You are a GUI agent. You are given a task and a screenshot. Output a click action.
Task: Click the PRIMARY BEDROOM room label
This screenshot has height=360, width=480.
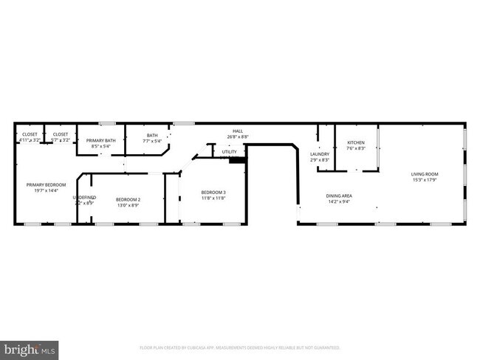(47, 184)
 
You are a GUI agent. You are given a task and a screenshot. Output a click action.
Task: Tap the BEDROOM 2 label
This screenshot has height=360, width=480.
(128, 199)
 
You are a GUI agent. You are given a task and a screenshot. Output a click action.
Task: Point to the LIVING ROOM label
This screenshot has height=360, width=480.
(424, 175)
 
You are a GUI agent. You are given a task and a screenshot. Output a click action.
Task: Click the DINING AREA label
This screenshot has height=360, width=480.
(339, 195)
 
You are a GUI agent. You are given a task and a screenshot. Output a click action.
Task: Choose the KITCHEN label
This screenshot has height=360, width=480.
(356, 142)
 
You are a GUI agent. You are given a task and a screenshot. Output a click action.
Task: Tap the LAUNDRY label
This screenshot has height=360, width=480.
(319, 154)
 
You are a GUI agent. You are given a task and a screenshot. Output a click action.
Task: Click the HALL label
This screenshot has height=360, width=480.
(237, 131)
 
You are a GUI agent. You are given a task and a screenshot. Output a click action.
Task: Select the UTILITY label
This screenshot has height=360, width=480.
(229, 152)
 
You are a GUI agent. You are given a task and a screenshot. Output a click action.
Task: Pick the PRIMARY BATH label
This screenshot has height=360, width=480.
(100, 140)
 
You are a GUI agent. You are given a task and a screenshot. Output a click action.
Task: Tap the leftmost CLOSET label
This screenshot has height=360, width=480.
(30, 134)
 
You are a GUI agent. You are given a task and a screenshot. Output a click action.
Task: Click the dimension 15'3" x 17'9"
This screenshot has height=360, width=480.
(424, 181)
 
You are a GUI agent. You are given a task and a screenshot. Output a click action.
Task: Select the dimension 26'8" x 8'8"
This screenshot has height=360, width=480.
(237, 136)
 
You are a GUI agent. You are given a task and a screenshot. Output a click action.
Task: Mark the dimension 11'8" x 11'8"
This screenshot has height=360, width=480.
(213, 198)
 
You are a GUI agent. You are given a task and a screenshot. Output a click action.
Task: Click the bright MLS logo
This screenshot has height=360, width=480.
(29, 347)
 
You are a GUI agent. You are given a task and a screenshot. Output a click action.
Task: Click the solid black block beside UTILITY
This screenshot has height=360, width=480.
(237, 159)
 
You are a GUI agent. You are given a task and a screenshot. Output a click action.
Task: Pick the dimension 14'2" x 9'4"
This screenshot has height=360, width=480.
(339, 201)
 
